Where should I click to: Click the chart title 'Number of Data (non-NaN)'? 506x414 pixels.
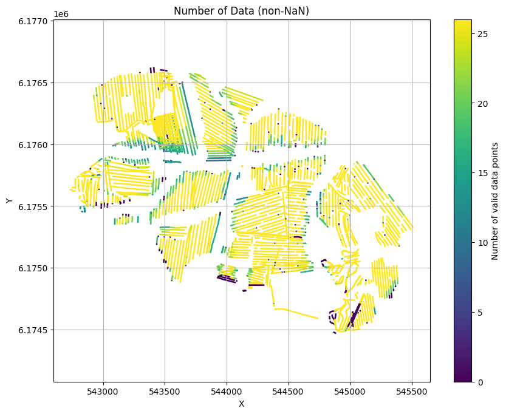click(x=241, y=10)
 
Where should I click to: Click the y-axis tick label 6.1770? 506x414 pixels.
click(x=34, y=21)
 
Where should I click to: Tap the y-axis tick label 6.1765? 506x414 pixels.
click(x=34, y=83)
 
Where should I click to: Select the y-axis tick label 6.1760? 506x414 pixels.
click(x=34, y=144)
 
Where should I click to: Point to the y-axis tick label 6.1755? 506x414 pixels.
click(x=34, y=206)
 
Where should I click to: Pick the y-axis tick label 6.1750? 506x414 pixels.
click(x=34, y=268)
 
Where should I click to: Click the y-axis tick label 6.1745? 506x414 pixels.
click(x=34, y=330)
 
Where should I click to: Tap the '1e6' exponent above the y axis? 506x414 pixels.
click(x=61, y=14)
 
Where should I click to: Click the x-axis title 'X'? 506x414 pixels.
click(x=241, y=404)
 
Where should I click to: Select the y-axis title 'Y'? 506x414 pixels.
click(x=9, y=201)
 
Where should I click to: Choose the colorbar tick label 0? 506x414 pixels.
click(x=480, y=382)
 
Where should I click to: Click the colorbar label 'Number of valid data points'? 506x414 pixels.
click(x=495, y=201)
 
